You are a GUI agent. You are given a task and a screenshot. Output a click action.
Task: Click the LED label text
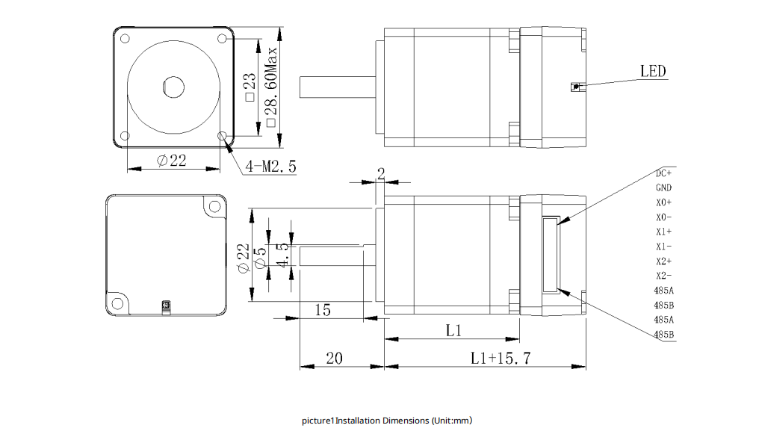click(653, 71)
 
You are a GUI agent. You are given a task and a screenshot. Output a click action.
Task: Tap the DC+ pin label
click(663, 173)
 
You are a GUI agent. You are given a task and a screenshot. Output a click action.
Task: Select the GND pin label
click(663, 188)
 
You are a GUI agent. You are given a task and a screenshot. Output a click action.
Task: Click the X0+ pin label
click(663, 202)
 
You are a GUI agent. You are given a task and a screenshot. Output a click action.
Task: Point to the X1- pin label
click(663, 247)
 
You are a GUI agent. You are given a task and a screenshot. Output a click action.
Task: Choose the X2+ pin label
click(663, 261)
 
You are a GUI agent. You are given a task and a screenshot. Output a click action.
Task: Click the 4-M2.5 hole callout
click(270, 167)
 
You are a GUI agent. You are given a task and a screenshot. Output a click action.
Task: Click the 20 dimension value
click(334, 359)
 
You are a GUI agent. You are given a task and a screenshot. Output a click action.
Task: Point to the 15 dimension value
click(323, 310)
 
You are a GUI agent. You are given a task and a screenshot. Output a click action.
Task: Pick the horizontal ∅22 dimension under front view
click(172, 161)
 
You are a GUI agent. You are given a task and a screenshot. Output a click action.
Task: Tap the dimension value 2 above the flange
click(380, 173)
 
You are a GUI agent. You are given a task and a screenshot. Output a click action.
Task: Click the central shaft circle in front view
click(174, 86)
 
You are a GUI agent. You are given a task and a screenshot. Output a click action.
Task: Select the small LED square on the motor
click(574, 87)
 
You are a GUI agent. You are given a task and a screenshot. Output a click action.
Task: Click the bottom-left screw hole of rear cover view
click(117, 304)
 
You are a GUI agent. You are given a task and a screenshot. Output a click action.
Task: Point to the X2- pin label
click(663, 276)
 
